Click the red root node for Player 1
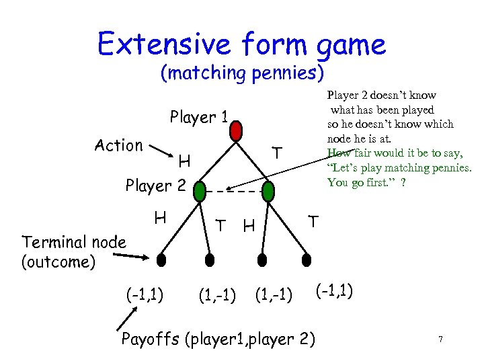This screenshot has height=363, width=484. (x=236, y=132)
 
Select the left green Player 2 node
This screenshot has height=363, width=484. (x=200, y=193)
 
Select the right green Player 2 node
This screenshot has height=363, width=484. (x=268, y=193)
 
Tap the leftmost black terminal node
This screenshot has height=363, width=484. (x=161, y=259)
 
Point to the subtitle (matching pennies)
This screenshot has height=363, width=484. (x=242, y=72)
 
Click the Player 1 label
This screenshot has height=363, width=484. (x=199, y=118)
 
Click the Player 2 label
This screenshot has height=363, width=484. (x=155, y=184)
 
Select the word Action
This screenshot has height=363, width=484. (x=118, y=145)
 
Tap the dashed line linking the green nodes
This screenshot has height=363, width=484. (x=234, y=193)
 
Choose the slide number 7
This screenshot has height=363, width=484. (x=440, y=340)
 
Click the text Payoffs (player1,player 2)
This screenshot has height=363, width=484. (x=218, y=338)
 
